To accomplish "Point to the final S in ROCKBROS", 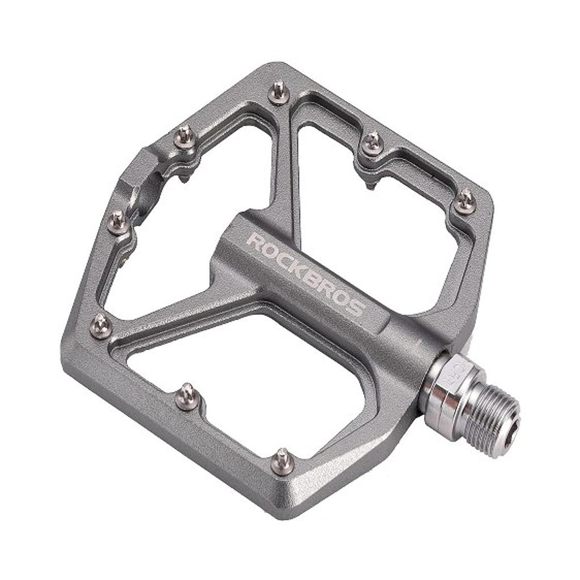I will tap(356, 309).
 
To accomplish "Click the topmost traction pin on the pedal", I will tap(279, 92).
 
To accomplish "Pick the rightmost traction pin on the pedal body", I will tap(465, 201).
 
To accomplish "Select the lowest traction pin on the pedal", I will tap(283, 461).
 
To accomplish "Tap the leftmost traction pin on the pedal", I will tap(101, 325).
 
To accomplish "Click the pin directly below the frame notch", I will tap(118, 221).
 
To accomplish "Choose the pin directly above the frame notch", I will tap(184, 137).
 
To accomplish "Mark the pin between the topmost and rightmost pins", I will tap(372, 143).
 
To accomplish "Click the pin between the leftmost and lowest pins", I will tap(187, 396).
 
